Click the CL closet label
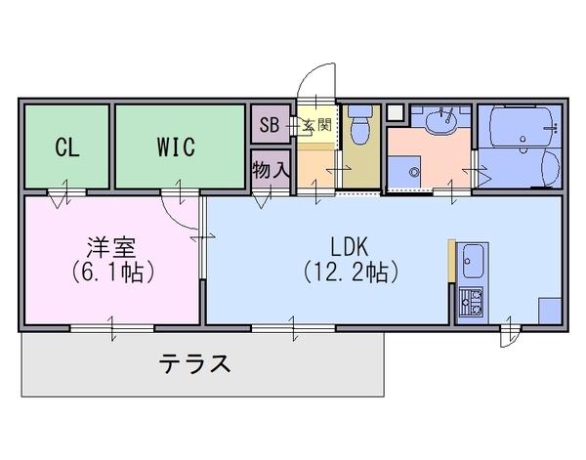point(67,146)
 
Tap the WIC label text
point(176,146)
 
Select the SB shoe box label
point(270,125)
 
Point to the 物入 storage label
point(271,170)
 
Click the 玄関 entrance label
point(316,125)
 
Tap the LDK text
point(350,246)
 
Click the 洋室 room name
point(111,247)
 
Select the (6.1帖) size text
point(112,272)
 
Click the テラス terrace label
point(194,363)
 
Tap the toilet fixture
point(360,125)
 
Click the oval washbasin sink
point(441,121)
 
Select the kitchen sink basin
point(473,261)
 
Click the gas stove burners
point(471,301)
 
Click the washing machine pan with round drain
point(404,172)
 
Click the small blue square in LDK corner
point(550,311)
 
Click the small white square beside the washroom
point(395,112)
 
